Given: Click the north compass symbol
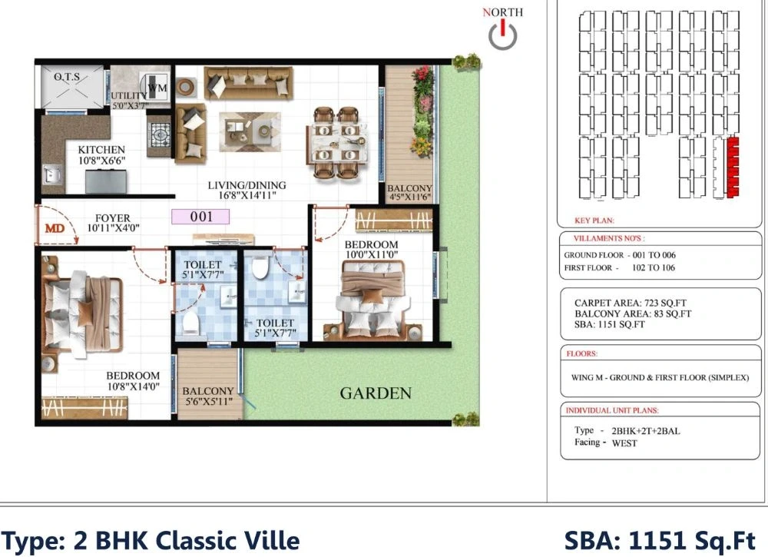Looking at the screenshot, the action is pyautogui.click(x=502, y=35).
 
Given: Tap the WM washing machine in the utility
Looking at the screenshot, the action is pyautogui.click(x=154, y=88).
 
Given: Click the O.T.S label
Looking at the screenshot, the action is pyautogui.click(x=67, y=77).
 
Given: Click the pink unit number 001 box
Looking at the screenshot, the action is pyautogui.click(x=200, y=217).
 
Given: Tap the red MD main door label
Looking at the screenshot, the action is pyautogui.click(x=55, y=228).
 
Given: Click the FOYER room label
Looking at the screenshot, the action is pyautogui.click(x=113, y=217).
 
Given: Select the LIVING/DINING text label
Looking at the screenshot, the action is pyautogui.click(x=247, y=185).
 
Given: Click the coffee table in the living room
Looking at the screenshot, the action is pyautogui.click(x=250, y=132).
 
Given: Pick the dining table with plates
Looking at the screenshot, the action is pyautogui.click(x=336, y=143).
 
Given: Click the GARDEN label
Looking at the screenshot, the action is pyautogui.click(x=376, y=393).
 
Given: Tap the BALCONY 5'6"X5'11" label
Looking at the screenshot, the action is pyautogui.click(x=207, y=396).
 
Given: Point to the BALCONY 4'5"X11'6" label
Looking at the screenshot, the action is pyautogui.click(x=409, y=193).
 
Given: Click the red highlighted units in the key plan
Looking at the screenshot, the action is pyautogui.click(x=733, y=167).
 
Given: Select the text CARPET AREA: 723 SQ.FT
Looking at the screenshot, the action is pyautogui.click(x=631, y=303).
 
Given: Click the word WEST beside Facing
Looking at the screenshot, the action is pyautogui.click(x=624, y=443).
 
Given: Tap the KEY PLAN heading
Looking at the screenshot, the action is pyautogui.click(x=594, y=220).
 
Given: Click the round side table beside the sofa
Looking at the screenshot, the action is pyautogui.click(x=186, y=88).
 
